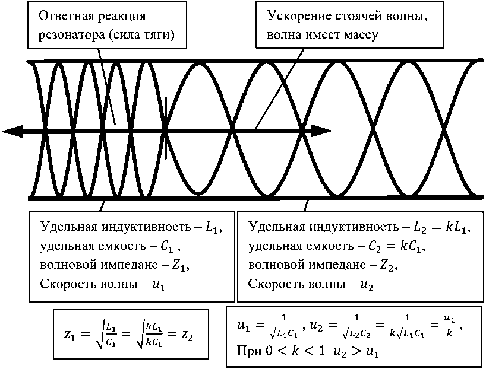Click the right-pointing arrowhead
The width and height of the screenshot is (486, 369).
321,130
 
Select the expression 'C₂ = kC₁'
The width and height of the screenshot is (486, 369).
399,246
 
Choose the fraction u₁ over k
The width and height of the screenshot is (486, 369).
450,328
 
